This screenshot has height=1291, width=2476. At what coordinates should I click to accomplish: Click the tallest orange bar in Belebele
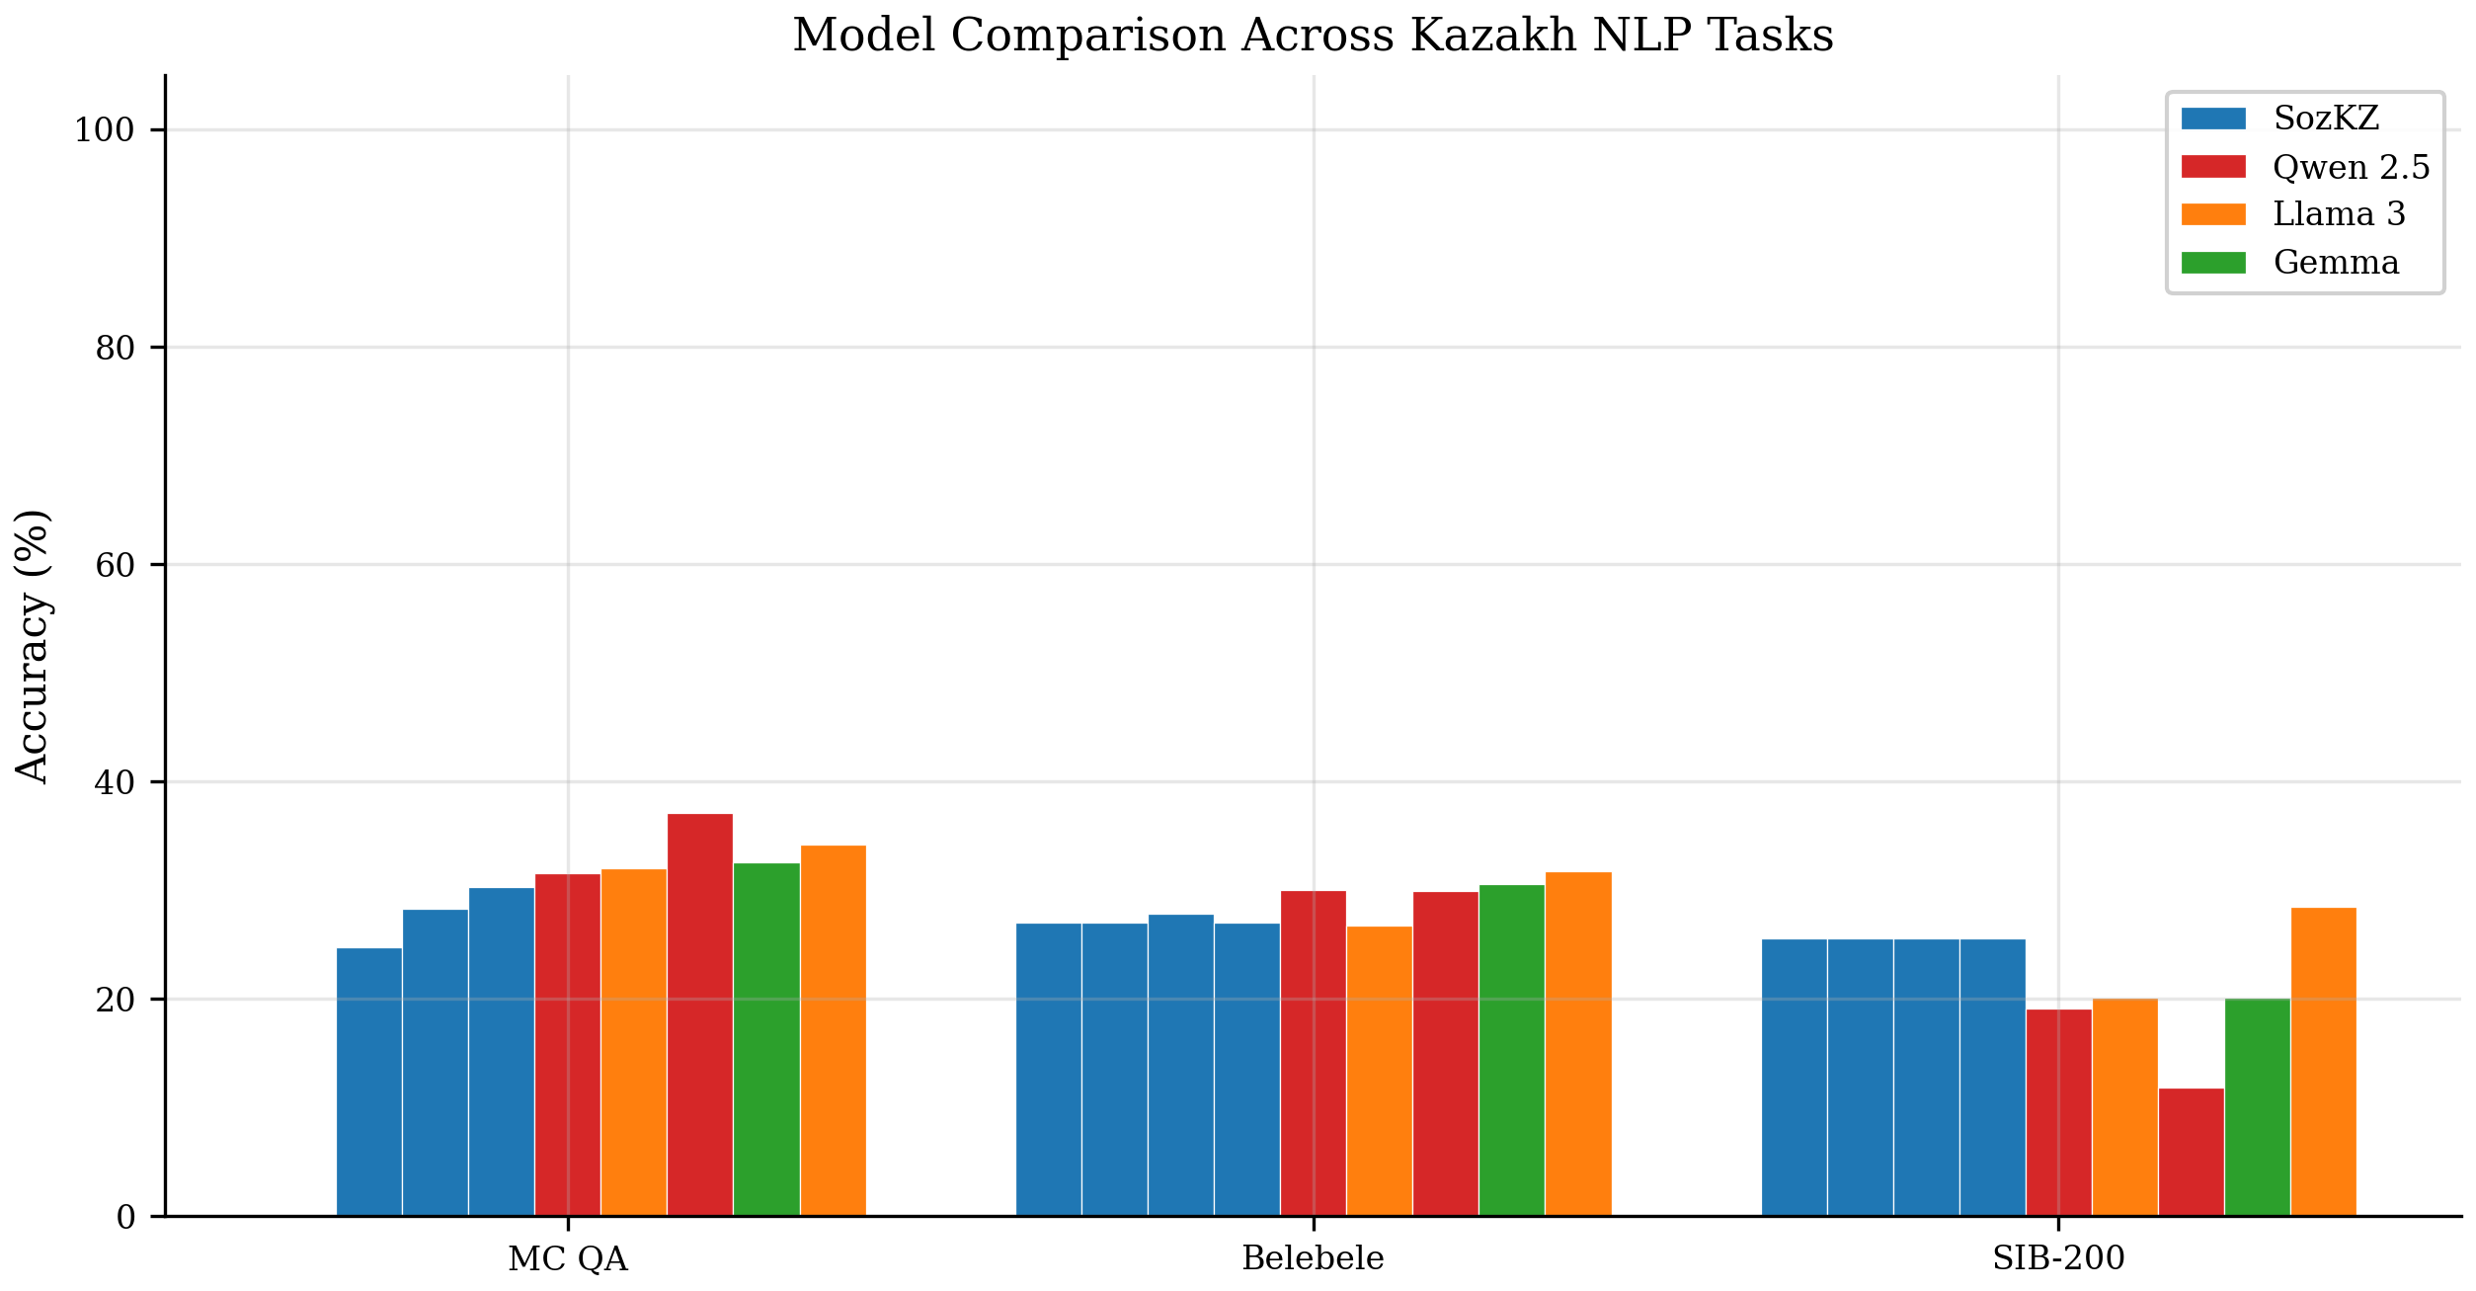tap(1578, 1044)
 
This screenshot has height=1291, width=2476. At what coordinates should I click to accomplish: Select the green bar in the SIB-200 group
tap(2257, 1107)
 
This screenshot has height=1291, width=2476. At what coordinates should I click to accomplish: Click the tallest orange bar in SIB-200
tap(2323, 1062)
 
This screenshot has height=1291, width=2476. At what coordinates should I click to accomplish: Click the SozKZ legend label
tap(2326, 119)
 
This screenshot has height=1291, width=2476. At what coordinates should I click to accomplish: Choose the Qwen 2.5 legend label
tap(2351, 167)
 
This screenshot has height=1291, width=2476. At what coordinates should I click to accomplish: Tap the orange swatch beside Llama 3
tap(2213, 214)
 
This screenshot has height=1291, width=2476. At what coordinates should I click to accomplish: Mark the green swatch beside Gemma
tap(2213, 263)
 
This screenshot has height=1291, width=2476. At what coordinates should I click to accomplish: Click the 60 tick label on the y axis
tap(115, 565)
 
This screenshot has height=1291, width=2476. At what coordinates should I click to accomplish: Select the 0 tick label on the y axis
tap(125, 1217)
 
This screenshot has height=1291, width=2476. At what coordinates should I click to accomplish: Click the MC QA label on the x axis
tap(568, 1259)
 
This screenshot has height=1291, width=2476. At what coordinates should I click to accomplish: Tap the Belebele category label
tap(1313, 1259)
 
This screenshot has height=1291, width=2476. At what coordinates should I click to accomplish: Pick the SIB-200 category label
tap(2058, 1259)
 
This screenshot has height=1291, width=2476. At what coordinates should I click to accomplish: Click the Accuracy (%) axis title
tap(32, 646)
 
